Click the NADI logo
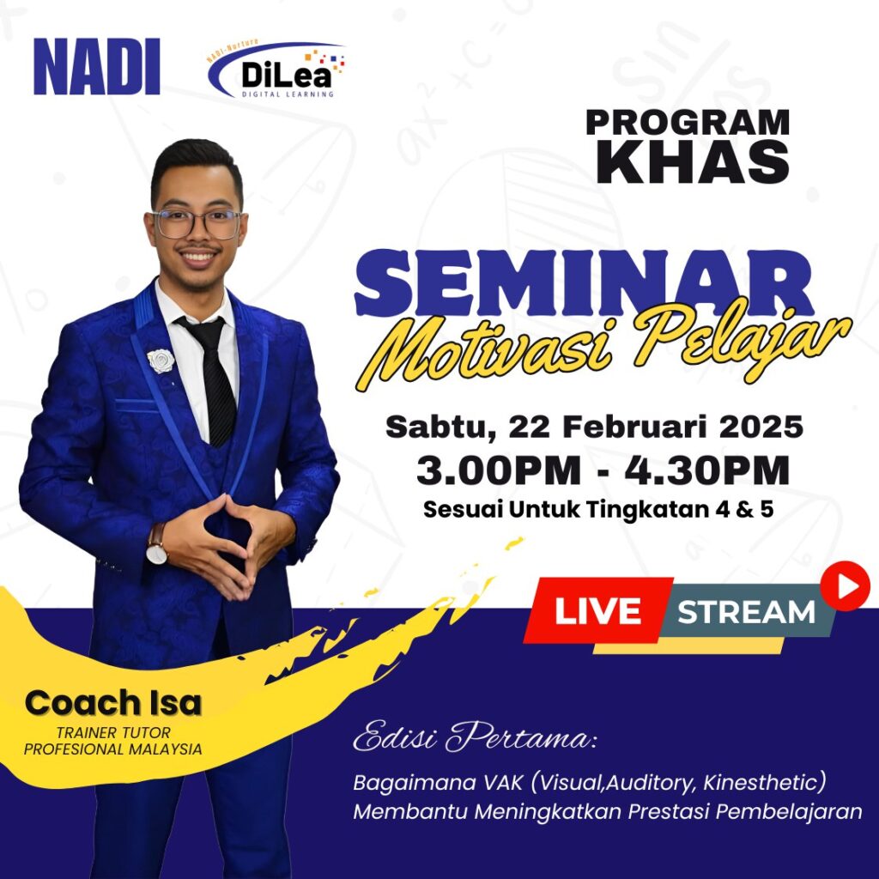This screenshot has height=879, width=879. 97,66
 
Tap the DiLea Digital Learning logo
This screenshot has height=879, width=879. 276,70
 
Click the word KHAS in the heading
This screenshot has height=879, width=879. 693,161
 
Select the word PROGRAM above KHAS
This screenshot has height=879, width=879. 688,122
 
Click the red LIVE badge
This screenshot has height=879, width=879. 598,610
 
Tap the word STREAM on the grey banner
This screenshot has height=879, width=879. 746,611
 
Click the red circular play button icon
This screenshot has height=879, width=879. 845,586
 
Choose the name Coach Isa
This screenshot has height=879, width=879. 113,703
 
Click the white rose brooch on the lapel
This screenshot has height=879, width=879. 161,361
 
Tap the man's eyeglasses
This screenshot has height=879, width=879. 197,224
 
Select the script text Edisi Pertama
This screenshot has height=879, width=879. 475,737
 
